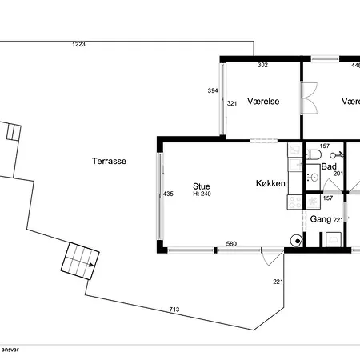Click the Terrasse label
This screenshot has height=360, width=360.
(x=109, y=161)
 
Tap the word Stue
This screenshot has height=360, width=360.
(x=202, y=186)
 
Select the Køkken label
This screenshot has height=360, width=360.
(x=270, y=183)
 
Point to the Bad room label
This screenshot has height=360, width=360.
(x=329, y=166)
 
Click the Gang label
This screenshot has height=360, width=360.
(x=321, y=219)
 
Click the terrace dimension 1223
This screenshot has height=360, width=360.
(x=78, y=44)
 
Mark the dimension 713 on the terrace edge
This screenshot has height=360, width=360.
(x=174, y=310)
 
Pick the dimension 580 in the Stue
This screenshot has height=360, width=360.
(x=231, y=244)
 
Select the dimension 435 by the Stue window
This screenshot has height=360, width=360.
(x=168, y=194)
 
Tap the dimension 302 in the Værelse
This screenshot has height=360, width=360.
(x=262, y=65)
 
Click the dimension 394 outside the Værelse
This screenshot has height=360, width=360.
(x=213, y=90)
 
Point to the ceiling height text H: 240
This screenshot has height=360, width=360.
(x=202, y=194)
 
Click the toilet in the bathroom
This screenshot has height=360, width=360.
(x=314, y=154)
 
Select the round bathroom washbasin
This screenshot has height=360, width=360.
(x=314, y=177)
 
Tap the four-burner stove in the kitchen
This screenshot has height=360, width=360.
(x=294, y=202)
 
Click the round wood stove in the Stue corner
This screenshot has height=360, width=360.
(x=297, y=241)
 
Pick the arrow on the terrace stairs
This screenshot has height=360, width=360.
(x=91, y=265)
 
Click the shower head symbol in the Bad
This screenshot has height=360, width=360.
(x=336, y=154)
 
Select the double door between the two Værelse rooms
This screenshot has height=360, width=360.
(x=310, y=98)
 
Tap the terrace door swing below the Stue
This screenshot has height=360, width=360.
(x=272, y=258)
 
